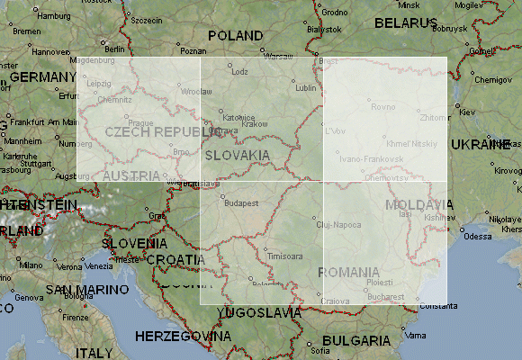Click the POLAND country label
236,35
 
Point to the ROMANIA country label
348,271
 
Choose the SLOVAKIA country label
237,155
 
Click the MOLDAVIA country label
415,204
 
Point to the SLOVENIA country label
133,243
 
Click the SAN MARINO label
76,290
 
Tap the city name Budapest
241,203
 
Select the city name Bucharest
385,294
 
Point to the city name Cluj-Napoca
337,225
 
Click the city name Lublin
306,88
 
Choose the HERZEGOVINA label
182,336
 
